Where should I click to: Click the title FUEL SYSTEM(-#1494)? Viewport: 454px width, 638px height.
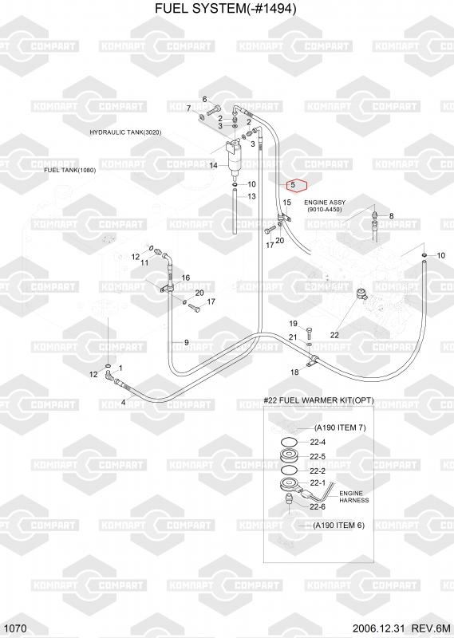(x=226, y=8)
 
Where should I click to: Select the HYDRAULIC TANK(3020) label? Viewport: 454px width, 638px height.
(x=125, y=132)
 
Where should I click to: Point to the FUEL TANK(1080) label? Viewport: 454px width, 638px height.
(x=70, y=170)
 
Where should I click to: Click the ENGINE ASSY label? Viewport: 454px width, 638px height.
(x=325, y=203)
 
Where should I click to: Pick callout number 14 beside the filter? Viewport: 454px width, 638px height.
(x=214, y=165)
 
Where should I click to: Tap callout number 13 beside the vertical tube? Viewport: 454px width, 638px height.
(x=251, y=196)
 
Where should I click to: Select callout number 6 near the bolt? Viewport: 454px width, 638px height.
(x=205, y=100)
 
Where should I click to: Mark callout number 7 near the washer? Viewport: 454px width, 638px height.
(x=188, y=108)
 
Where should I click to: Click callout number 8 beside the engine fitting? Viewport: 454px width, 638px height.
(x=392, y=216)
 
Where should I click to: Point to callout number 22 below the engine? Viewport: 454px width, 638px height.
(x=334, y=335)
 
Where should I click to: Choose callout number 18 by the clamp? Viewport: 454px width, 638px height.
(x=294, y=372)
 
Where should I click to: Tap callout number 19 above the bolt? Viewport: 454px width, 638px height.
(x=294, y=324)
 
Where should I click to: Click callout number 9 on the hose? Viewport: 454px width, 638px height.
(x=187, y=343)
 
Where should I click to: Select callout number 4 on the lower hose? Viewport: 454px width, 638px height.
(x=124, y=403)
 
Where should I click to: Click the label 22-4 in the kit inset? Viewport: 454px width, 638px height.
(x=318, y=443)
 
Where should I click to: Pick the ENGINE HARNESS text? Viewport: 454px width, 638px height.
(x=353, y=497)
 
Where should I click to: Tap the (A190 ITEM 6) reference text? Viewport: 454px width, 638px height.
(x=339, y=526)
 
